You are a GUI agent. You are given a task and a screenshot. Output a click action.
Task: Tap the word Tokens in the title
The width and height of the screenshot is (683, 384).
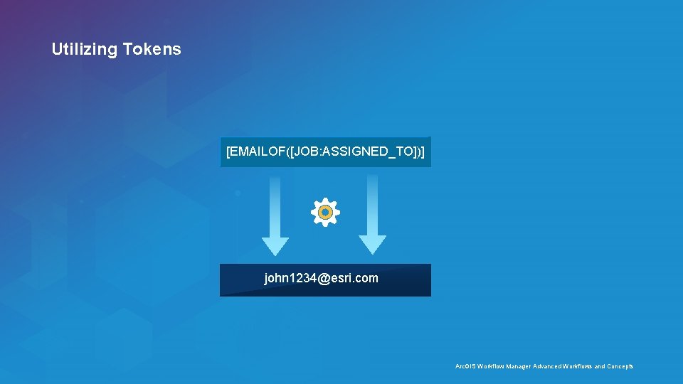[152, 50]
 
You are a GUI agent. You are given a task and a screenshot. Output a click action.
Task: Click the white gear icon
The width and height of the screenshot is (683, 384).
[325, 212]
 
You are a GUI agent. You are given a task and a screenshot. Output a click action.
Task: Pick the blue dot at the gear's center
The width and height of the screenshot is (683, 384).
[325, 212]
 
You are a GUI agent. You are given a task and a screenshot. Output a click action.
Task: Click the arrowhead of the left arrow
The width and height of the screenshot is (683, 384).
[275, 245]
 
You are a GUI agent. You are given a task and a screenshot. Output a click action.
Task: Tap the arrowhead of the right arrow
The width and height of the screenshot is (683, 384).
[372, 245]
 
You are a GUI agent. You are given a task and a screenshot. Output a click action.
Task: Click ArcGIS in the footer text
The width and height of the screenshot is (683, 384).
[465, 366]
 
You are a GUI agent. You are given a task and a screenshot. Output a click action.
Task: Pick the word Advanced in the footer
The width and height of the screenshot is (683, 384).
[546, 366]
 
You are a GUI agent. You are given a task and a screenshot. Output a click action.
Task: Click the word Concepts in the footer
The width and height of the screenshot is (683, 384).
[620, 366]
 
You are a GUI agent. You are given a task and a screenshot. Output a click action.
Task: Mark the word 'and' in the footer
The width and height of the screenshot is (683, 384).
[600, 366]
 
